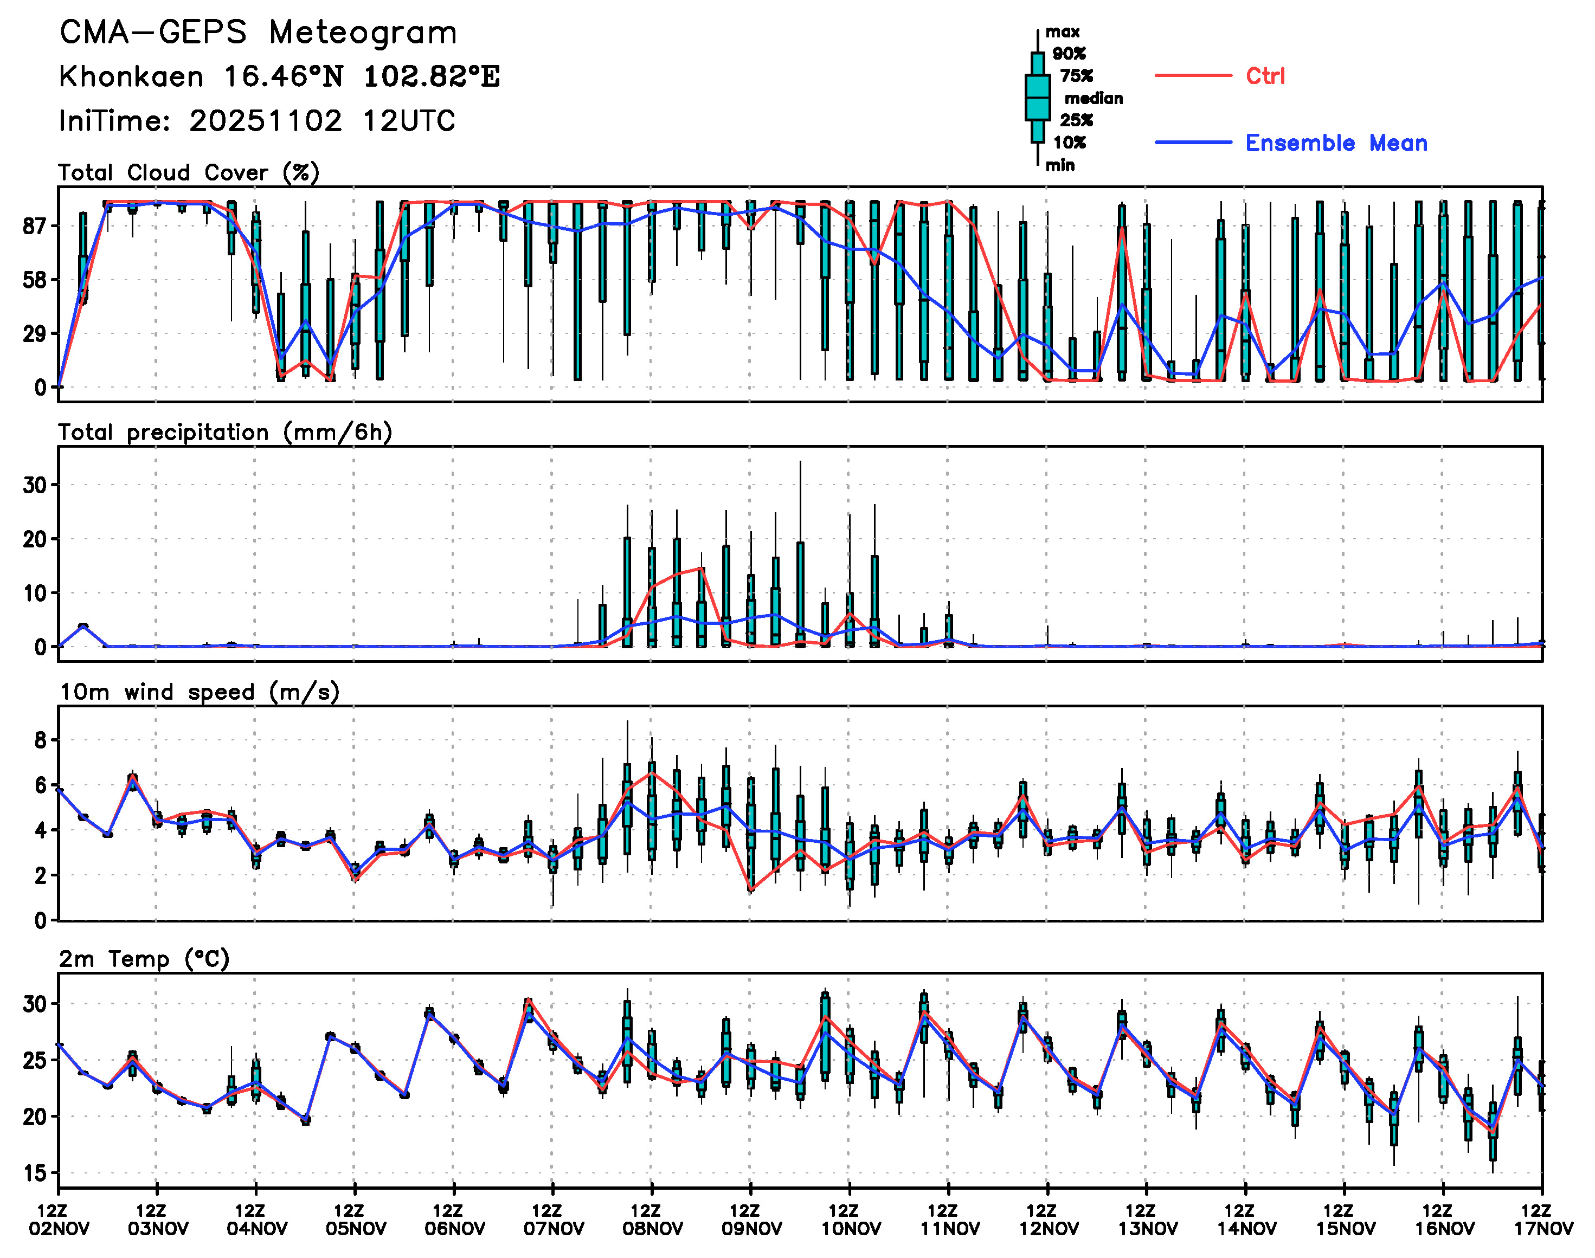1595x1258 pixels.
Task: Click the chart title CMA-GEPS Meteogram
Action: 258,33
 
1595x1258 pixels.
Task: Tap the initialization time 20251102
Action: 265,121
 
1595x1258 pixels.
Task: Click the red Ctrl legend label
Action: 1265,76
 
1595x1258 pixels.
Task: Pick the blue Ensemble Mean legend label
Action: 1336,143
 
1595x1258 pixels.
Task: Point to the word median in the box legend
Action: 1094,99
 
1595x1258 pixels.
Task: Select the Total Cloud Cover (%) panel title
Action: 189,173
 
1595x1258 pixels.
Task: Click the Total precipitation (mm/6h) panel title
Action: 224,433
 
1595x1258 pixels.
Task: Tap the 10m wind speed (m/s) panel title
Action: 199,692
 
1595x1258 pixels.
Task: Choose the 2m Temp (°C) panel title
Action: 144,959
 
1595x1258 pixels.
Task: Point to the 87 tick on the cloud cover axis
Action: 34,226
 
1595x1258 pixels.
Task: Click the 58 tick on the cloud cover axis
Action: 34,280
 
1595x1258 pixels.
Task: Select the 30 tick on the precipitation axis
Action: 34,485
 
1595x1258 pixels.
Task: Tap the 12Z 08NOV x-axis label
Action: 652,1219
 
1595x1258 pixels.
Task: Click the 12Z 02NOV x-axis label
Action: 59,1219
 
